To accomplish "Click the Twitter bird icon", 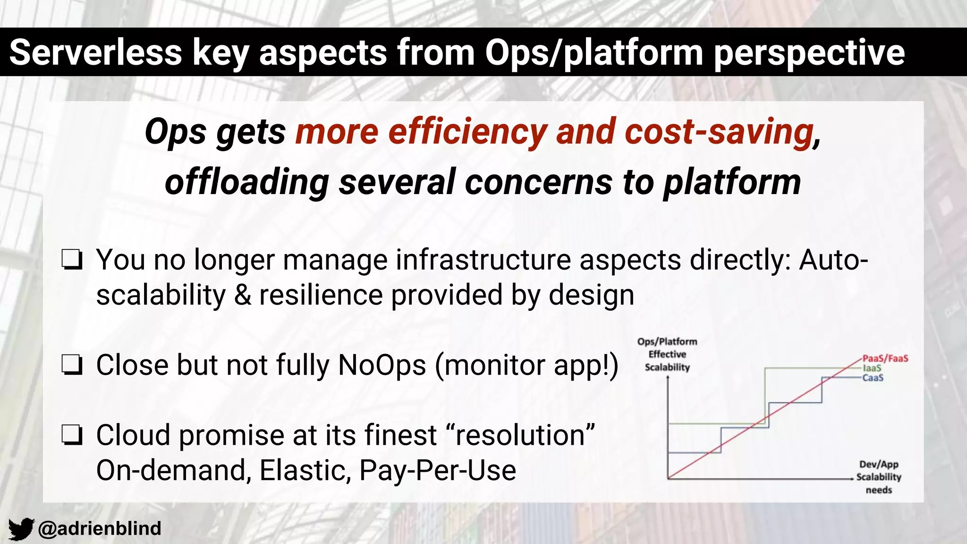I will click(x=21, y=528).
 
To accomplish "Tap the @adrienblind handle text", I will click(x=100, y=528).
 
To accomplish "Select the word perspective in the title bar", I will click(x=809, y=52).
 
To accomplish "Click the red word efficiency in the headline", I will click(x=467, y=132).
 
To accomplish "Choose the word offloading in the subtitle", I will click(x=246, y=182).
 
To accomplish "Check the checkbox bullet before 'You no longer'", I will click(x=72, y=260).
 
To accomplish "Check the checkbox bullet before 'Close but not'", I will click(x=72, y=365).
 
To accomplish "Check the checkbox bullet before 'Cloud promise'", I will click(x=72, y=435).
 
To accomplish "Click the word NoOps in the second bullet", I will click(x=382, y=365).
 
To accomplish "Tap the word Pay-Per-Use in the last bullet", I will click(x=438, y=470).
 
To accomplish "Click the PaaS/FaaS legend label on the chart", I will click(x=885, y=358).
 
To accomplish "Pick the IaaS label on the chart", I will click(x=872, y=368).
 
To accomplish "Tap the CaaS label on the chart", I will click(x=873, y=378).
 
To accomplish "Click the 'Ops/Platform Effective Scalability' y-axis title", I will click(x=667, y=354).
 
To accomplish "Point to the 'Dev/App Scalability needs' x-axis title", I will click(x=879, y=477).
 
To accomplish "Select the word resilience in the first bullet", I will click(x=321, y=295).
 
